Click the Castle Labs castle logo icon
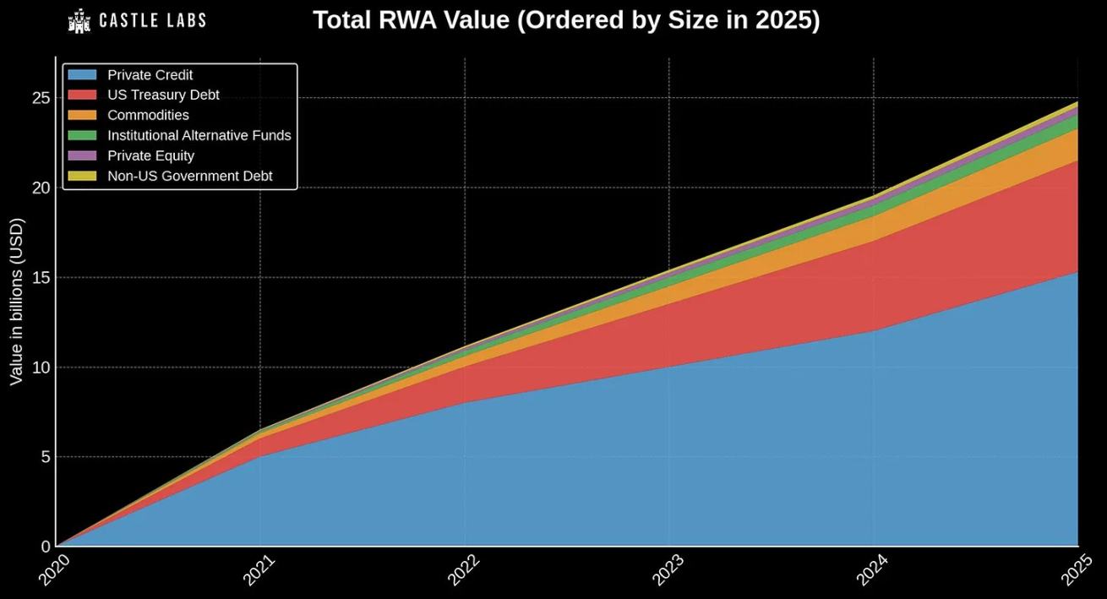pyautogui.click(x=79, y=20)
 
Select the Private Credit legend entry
pyautogui.click(x=150, y=75)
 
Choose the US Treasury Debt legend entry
pyautogui.click(x=163, y=95)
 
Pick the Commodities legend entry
pyautogui.click(x=148, y=115)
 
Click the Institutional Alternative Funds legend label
pyautogui.click(x=199, y=135)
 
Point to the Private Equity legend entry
pyautogui.click(x=150, y=155)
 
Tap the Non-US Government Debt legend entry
pyautogui.click(x=189, y=176)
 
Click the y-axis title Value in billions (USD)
pyautogui.click(x=17, y=302)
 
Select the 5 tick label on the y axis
pyautogui.click(x=46, y=457)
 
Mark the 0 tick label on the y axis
pyautogui.click(x=46, y=547)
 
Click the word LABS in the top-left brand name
pyautogui.click(x=181, y=20)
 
